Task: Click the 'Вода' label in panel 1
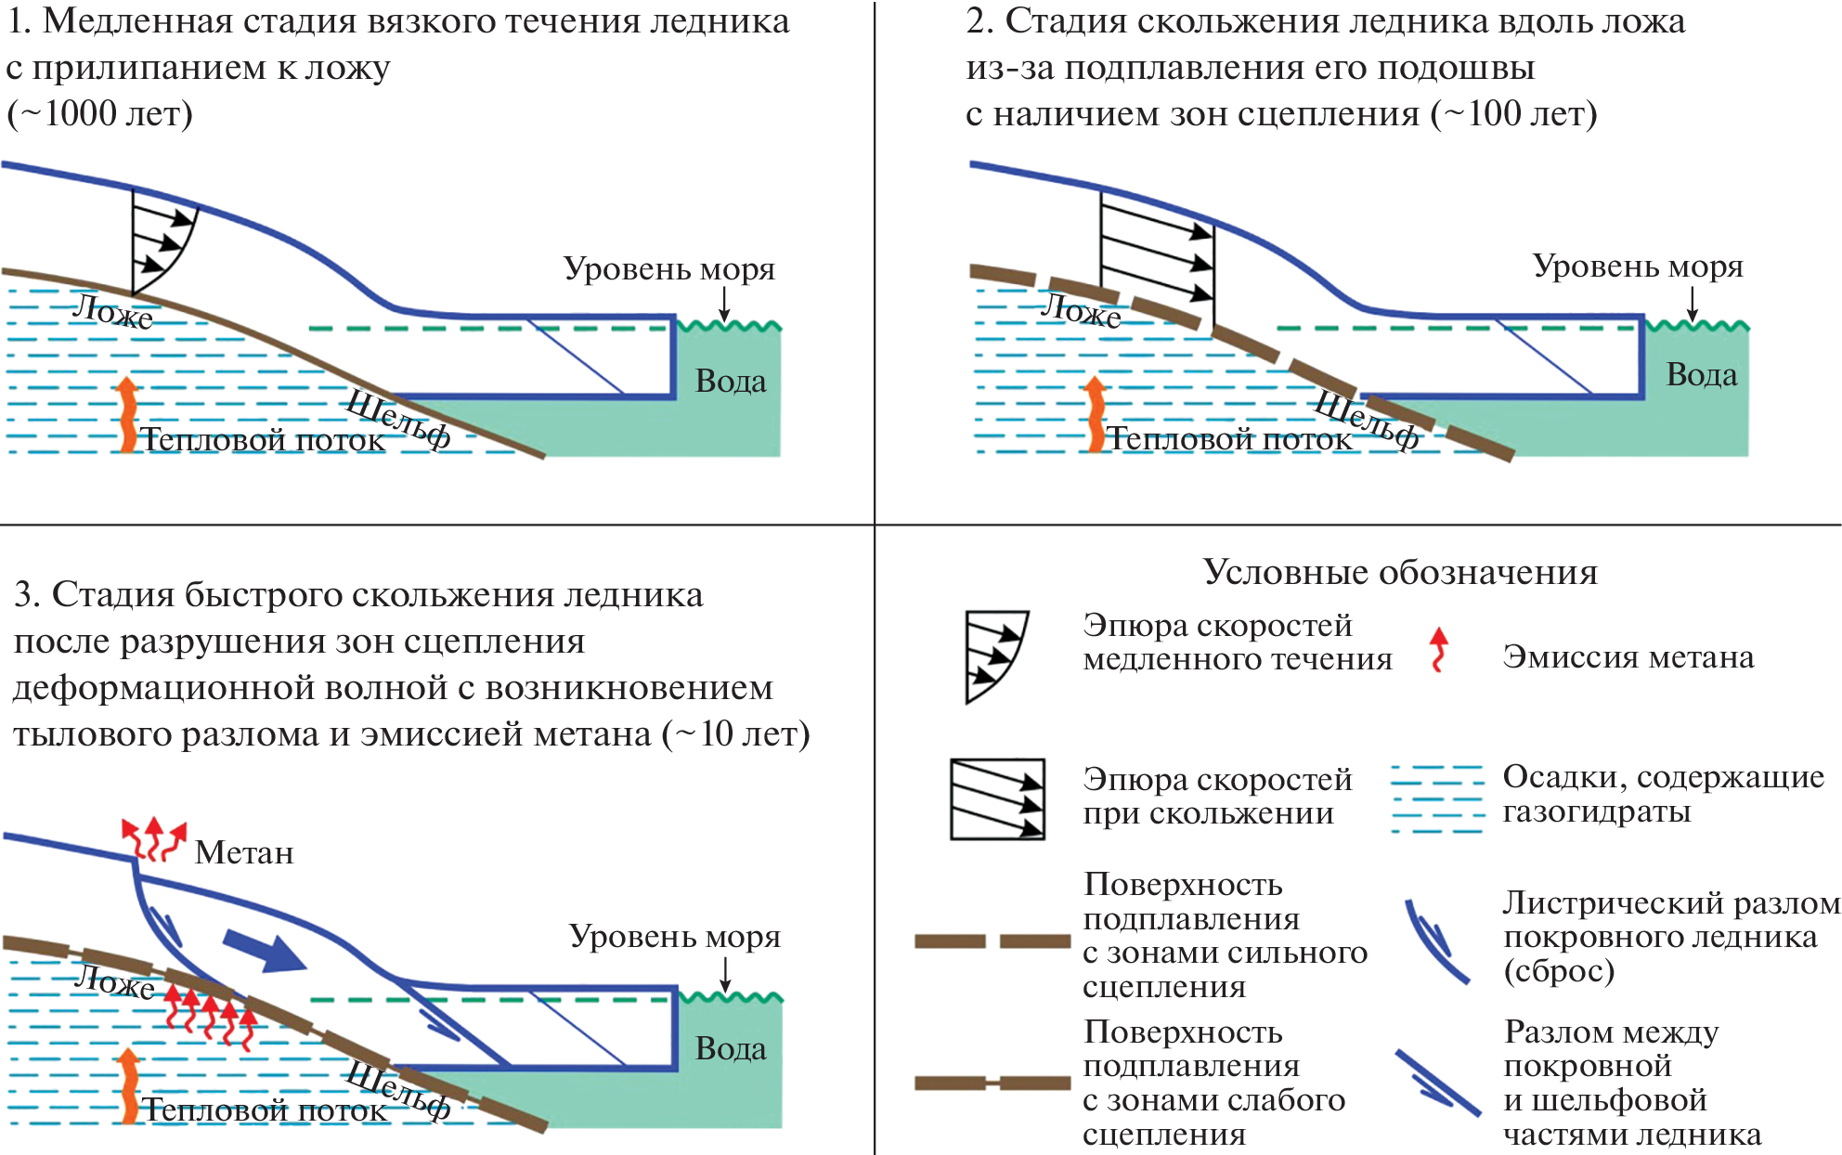(x=731, y=382)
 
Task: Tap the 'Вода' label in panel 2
(x=1701, y=375)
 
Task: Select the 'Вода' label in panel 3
(x=731, y=1049)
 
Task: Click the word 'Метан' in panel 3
(x=244, y=852)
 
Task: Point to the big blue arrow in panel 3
(x=266, y=950)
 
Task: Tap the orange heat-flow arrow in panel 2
(x=1096, y=414)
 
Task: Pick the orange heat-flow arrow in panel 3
(x=128, y=1084)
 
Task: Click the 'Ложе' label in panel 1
(x=113, y=311)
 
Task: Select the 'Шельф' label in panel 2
(x=1367, y=421)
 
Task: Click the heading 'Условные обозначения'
(x=1400, y=572)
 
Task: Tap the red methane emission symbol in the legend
(x=1439, y=649)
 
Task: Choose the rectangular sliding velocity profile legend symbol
(x=997, y=798)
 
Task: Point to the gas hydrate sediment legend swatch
(x=1437, y=798)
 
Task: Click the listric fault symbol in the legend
(x=1435, y=941)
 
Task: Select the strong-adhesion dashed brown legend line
(x=992, y=941)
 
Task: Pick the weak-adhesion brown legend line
(x=992, y=1083)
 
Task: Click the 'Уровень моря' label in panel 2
(x=1638, y=266)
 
